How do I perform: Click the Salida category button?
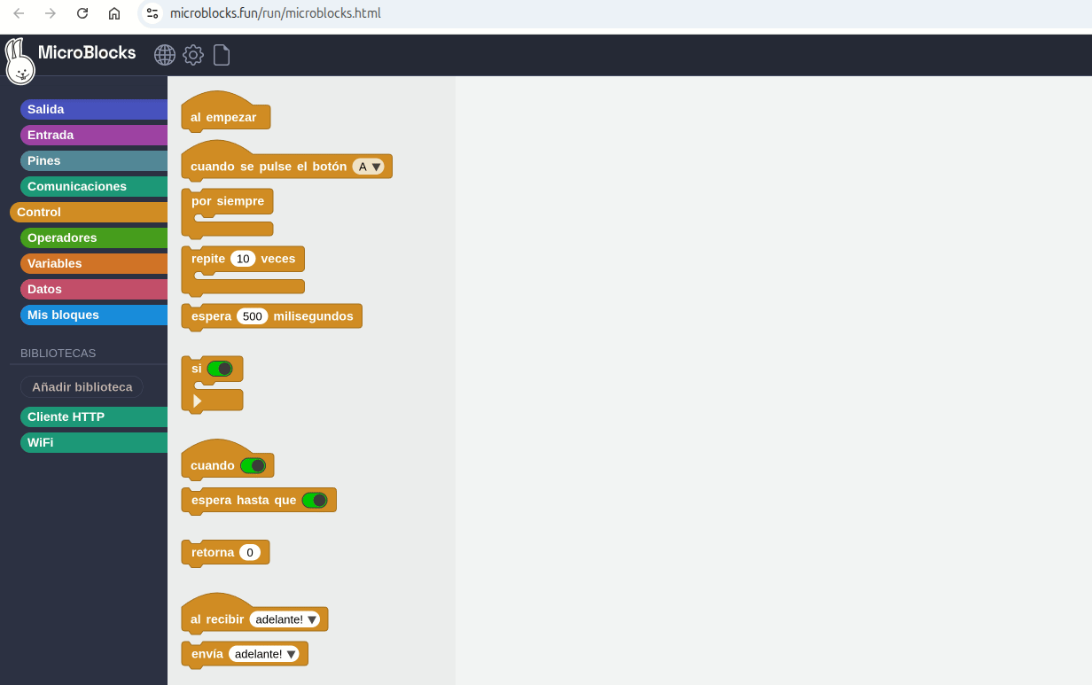tap(94, 109)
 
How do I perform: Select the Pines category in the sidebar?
tap(94, 161)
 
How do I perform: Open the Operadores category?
tap(94, 237)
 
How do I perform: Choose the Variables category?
tap(94, 263)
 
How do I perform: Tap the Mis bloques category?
tap(94, 315)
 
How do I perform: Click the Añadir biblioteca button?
tap(82, 387)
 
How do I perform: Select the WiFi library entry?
tap(94, 443)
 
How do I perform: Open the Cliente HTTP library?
tap(94, 416)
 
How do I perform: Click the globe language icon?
tap(165, 55)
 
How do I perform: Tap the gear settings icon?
tap(193, 55)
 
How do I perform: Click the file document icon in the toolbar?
tap(222, 55)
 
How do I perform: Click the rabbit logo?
tap(19, 61)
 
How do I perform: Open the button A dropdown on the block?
tap(369, 167)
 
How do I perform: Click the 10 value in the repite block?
tap(243, 259)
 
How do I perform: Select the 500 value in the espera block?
tap(252, 316)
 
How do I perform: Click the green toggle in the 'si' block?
tap(220, 369)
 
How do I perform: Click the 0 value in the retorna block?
tap(250, 552)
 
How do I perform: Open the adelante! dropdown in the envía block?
tap(264, 654)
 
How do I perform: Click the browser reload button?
tap(82, 13)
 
